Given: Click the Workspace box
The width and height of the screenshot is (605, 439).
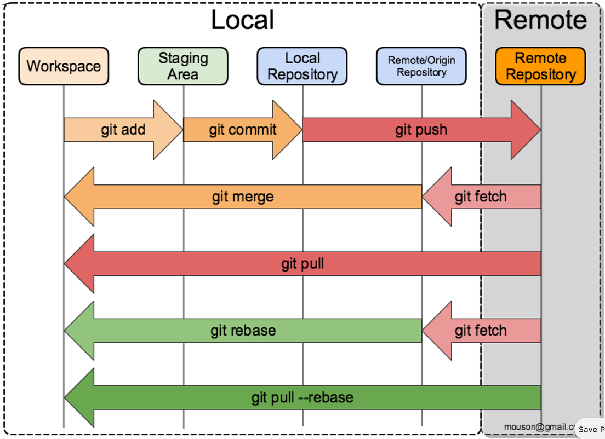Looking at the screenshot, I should (64, 66).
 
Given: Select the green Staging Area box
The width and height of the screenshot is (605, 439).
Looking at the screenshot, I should (182, 66).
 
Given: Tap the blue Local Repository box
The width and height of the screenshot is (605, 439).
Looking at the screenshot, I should (302, 66).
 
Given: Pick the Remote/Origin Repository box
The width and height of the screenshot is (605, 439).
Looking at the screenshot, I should (421, 66).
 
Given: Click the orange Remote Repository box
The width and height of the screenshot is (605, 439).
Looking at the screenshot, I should (540, 66).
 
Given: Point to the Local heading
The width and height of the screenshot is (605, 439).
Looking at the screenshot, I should (242, 20).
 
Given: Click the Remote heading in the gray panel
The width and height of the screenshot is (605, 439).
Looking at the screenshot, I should (540, 20).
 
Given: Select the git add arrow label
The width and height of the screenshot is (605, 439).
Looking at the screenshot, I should (123, 130).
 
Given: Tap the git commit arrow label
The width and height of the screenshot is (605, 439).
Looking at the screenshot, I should (242, 130).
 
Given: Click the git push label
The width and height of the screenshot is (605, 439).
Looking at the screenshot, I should (421, 130).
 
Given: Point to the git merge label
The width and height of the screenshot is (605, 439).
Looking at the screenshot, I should (242, 197).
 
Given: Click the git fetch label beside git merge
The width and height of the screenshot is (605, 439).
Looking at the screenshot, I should (481, 197).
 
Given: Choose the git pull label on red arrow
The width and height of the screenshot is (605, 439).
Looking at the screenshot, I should (302, 264).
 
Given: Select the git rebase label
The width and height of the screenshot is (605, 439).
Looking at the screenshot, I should (243, 331).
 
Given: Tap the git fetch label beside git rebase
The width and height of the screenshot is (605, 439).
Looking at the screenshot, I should (481, 331).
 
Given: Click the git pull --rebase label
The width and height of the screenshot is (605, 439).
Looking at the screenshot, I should (302, 397).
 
